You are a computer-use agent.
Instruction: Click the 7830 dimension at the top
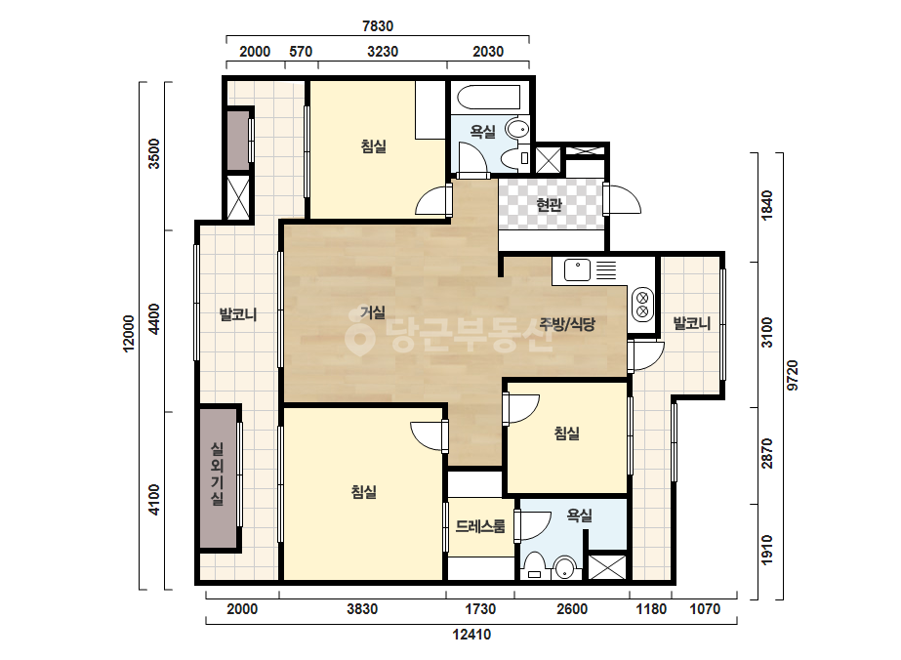click(378, 25)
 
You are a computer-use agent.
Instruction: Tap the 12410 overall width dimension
click(471, 635)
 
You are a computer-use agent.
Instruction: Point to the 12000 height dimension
click(129, 334)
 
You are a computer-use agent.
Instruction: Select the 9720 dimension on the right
click(793, 376)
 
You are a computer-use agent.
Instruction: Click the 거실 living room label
click(373, 312)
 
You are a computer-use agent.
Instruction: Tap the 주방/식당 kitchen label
click(567, 324)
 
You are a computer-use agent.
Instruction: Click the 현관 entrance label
click(549, 203)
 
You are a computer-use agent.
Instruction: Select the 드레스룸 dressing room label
click(480, 525)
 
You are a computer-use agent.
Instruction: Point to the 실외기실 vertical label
click(218, 474)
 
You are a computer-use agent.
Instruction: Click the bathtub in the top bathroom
click(489, 98)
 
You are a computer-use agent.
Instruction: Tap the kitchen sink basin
click(577, 270)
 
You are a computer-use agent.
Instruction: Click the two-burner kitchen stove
click(642, 305)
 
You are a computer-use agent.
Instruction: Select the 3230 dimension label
click(383, 51)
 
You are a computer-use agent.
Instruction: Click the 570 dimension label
click(301, 51)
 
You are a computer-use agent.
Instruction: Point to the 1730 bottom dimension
click(480, 609)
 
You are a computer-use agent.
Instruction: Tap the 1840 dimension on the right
click(766, 205)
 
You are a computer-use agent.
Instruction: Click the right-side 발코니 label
click(692, 323)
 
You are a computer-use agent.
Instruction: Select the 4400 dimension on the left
click(154, 319)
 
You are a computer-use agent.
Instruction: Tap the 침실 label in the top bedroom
click(374, 146)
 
